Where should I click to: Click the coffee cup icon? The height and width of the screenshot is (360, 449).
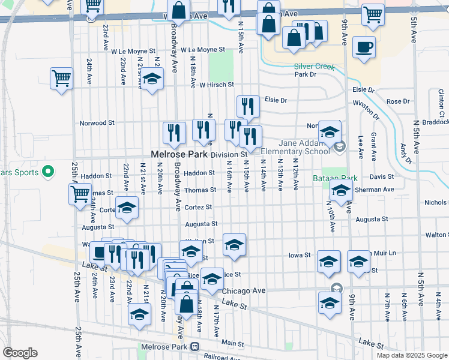point(364,47)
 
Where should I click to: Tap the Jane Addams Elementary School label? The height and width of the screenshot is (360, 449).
point(295,147)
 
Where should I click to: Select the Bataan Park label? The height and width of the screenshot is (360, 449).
point(335,178)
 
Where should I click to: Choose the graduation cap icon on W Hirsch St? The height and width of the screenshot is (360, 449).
point(152,79)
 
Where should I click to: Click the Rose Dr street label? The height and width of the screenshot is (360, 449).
point(397,101)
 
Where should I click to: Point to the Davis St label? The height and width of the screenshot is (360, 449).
point(381,177)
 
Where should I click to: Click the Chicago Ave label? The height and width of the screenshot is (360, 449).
point(243,291)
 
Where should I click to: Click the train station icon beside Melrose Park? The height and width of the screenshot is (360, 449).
point(194,347)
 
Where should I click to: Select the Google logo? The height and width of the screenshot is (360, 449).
point(20,353)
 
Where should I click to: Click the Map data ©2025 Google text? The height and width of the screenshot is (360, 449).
point(411,355)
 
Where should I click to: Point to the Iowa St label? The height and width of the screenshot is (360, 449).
point(299,255)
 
